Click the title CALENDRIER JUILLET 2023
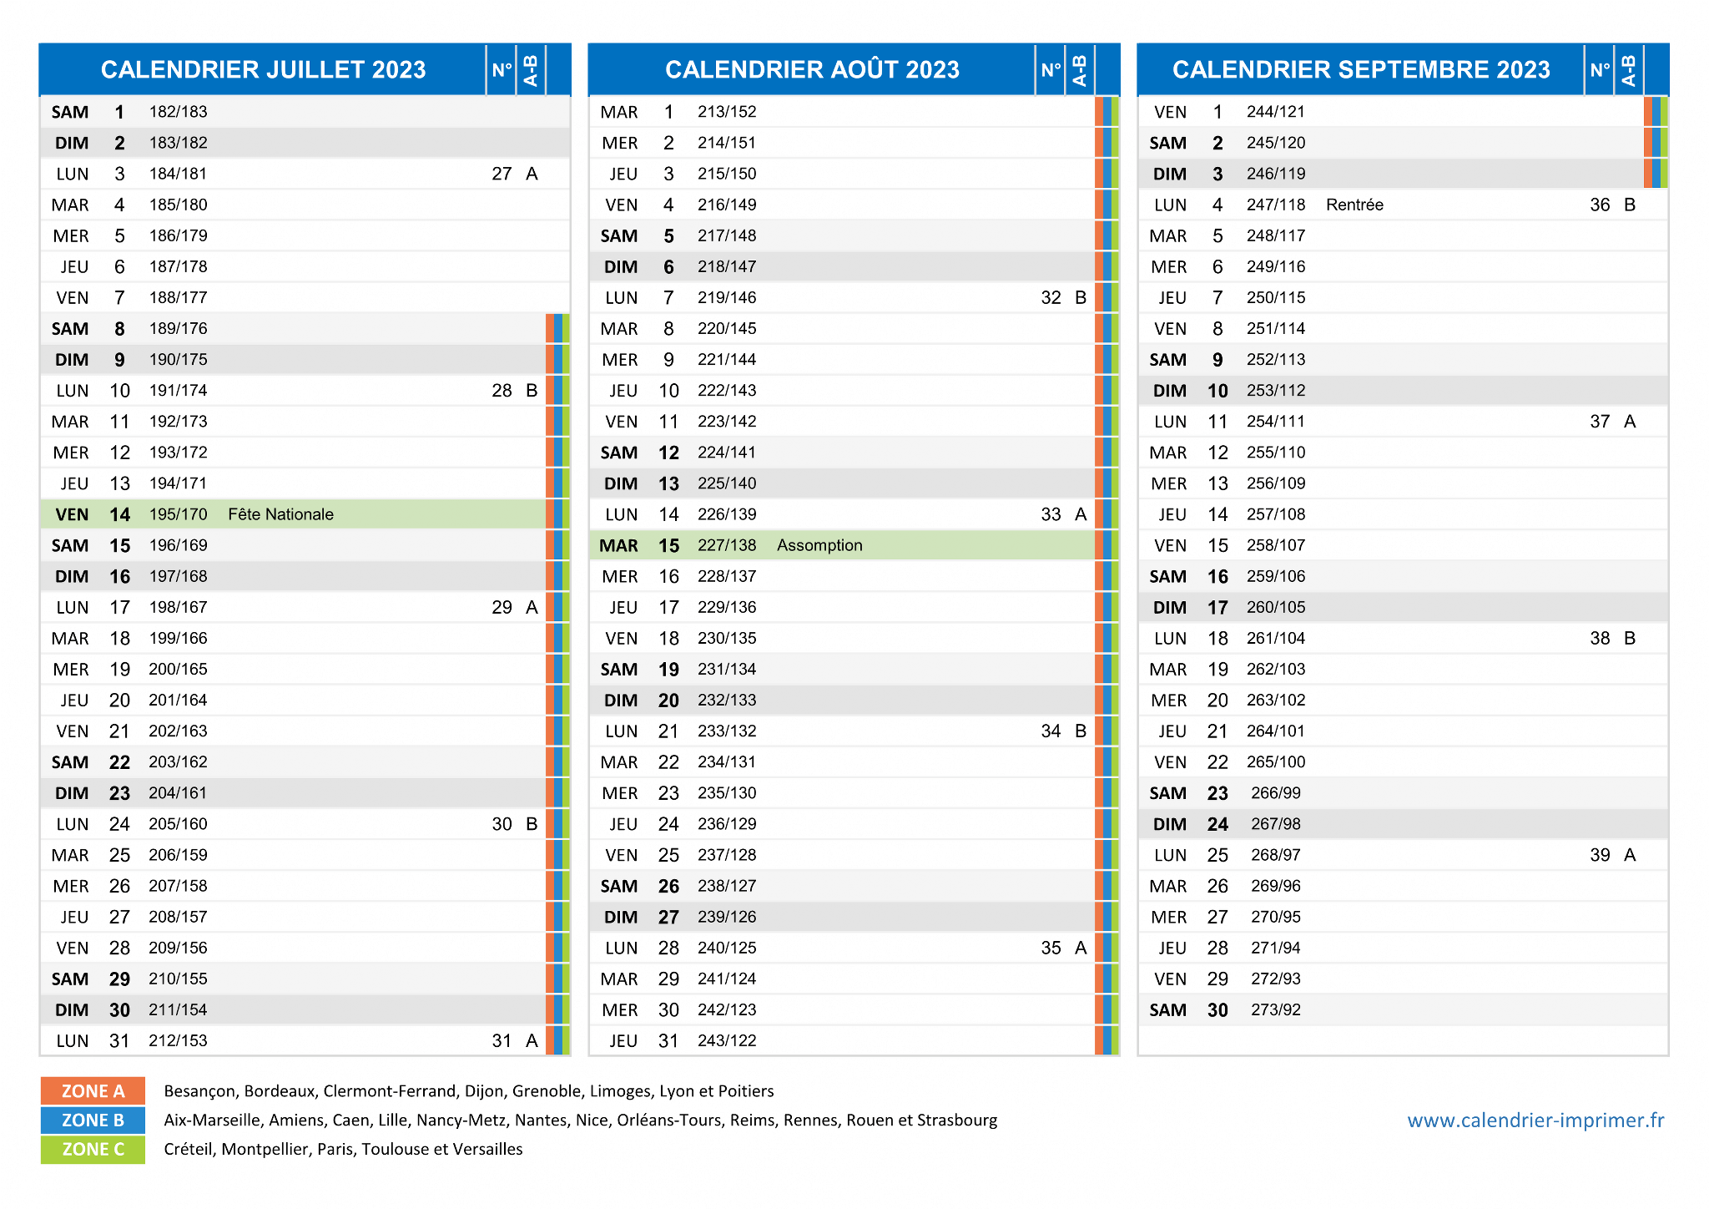[x=264, y=69]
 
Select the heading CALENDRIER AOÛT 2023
[x=812, y=69]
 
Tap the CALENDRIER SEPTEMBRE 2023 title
[x=1361, y=69]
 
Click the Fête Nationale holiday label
[x=280, y=514]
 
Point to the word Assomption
[x=819, y=545]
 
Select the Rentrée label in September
[x=1354, y=205]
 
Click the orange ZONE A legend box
[x=93, y=1091]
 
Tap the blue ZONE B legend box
[x=93, y=1120]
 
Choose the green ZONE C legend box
[x=93, y=1150]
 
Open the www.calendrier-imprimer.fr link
[x=1535, y=1120]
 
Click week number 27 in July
[x=502, y=174]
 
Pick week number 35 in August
[x=1051, y=948]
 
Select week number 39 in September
[x=1600, y=855]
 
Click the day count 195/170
[x=178, y=514]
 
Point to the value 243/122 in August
[x=727, y=1040]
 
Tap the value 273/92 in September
[x=1276, y=1009]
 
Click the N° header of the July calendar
[x=502, y=69]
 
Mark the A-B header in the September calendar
[x=1628, y=70]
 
